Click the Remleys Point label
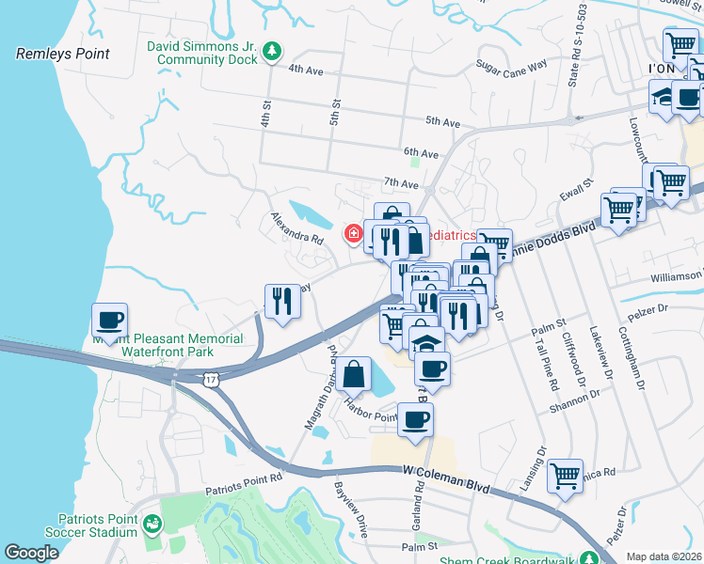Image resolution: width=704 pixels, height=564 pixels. point(62,55)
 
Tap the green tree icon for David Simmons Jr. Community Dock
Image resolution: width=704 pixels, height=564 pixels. point(272,51)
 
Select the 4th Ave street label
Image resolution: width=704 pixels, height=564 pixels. point(307,70)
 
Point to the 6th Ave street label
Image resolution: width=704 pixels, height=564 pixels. point(422,152)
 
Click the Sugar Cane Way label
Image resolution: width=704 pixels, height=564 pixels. point(511,66)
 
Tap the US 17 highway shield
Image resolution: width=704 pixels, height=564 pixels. point(208,376)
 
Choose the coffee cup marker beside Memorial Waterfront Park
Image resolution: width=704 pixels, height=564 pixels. point(109,320)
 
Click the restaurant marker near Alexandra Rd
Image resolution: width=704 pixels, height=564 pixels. point(281,301)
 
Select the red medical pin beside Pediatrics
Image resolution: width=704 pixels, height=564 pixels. point(355,233)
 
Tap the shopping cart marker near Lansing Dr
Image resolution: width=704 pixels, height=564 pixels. point(565,477)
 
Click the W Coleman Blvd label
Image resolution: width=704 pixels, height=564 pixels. point(447,479)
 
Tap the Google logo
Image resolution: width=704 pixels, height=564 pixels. point(31,553)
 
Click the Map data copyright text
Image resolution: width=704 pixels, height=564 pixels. point(664,556)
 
